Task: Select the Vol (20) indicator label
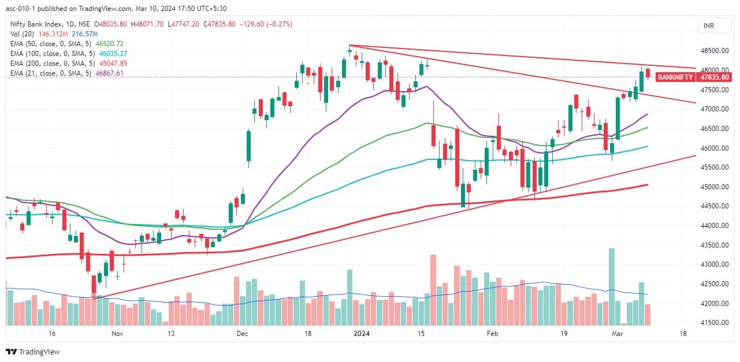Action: click(x=23, y=33)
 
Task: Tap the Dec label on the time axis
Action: click(x=242, y=334)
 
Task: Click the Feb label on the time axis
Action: click(x=492, y=334)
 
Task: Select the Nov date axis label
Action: click(x=117, y=334)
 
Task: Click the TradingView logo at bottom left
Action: click(x=33, y=352)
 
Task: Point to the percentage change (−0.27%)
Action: click(x=278, y=24)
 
